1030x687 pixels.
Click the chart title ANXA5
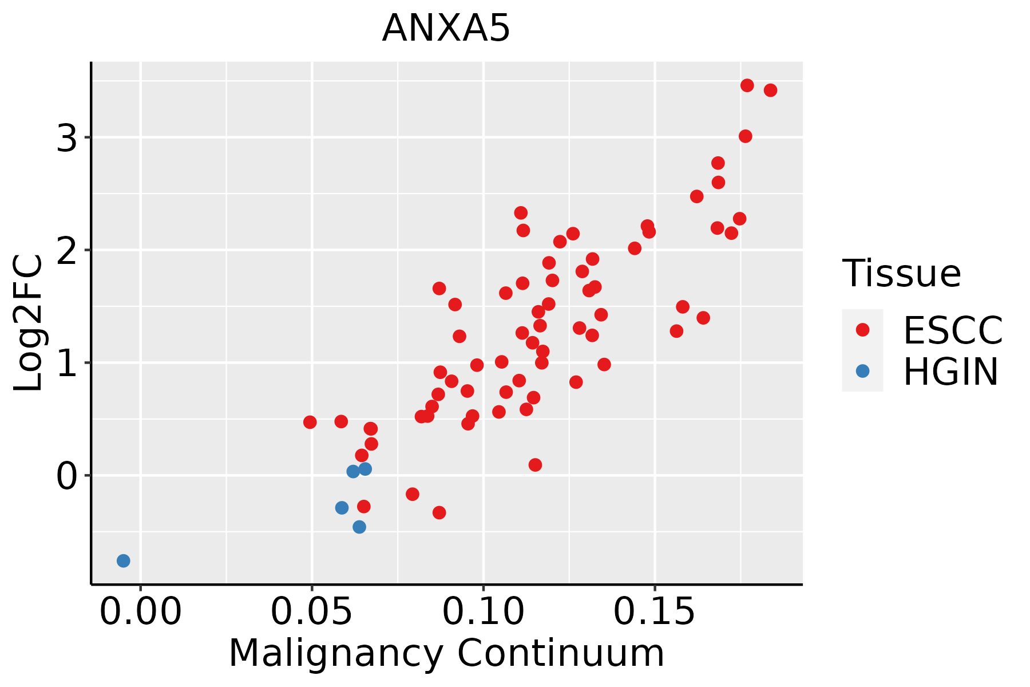coord(446,29)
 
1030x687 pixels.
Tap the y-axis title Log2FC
coord(29,323)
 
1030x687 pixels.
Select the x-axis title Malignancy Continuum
coord(446,653)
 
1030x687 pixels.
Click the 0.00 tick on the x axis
coord(140,612)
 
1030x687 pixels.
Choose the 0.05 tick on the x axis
coord(312,612)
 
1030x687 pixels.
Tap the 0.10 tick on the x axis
coord(484,612)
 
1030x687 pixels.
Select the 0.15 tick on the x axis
coord(655,612)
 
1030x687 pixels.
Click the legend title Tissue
coord(901,273)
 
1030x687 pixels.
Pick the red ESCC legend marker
coord(862,330)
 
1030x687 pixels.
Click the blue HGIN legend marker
coord(862,371)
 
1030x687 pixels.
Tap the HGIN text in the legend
coord(950,372)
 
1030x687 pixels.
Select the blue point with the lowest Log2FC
coord(124,560)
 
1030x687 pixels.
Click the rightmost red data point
coord(770,90)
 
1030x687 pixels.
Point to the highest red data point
coord(747,85)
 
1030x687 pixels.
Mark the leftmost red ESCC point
coord(310,423)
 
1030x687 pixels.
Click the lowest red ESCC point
coord(439,512)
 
